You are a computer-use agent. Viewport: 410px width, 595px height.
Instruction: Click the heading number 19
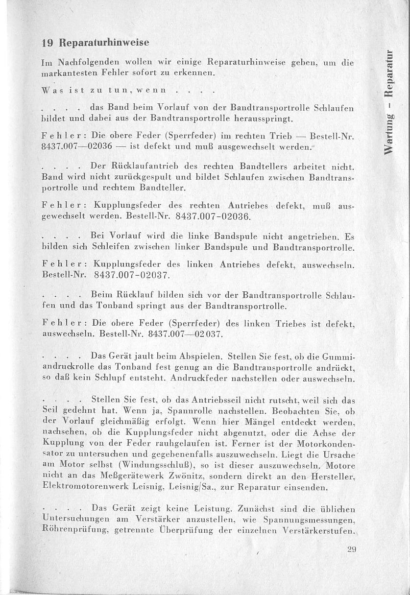coord(48,43)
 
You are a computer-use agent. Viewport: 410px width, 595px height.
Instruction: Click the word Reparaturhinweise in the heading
coord(104,43)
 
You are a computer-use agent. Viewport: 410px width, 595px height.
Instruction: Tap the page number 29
coord(351,549)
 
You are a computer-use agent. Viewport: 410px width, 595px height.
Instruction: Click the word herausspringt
coord(261,119)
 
